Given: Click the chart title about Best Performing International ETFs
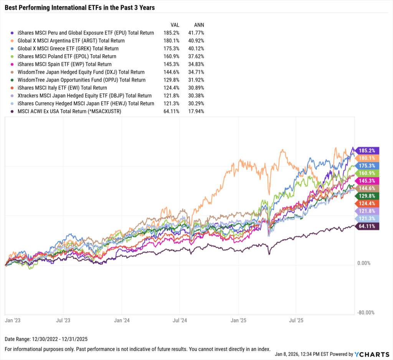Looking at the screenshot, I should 80,7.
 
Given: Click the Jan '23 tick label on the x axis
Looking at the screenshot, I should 12,319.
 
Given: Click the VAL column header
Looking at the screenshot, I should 175,25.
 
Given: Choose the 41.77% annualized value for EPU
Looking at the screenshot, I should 196,33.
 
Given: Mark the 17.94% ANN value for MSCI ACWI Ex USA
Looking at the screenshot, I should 196,112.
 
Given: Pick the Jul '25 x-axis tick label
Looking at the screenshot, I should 296,319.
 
